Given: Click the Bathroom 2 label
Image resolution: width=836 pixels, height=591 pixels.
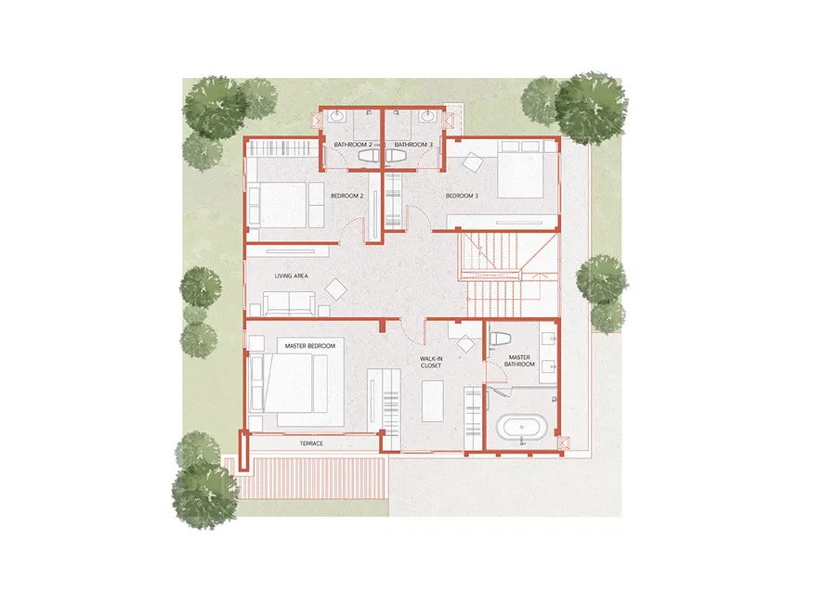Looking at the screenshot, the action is click(353, 145).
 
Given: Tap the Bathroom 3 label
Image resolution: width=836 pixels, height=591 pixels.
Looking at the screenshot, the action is click(413, 145).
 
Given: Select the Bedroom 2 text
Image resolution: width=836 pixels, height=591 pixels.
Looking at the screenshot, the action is click(347, 196).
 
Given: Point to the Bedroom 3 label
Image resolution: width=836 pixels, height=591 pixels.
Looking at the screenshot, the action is click(462, 196).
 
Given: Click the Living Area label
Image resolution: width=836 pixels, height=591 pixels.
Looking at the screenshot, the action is click(291, 276).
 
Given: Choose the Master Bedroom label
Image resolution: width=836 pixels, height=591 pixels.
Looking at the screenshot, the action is click(309, 346).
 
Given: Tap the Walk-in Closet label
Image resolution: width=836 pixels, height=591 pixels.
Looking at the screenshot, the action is click(431, 363).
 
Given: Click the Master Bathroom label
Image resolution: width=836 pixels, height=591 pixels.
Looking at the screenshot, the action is click(519, 361).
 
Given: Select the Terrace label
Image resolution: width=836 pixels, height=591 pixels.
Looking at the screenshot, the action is click(311, 443).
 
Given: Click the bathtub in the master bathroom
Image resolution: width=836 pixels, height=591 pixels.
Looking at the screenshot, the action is click(521, 427).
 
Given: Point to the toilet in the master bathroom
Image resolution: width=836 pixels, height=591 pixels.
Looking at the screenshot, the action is click(500, 338).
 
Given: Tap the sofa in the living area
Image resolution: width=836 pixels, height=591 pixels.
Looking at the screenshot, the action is click(289, 304).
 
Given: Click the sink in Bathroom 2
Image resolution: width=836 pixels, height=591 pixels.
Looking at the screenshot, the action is click(338, 116).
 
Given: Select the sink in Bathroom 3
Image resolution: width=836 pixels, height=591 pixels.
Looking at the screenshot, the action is click(427, 116).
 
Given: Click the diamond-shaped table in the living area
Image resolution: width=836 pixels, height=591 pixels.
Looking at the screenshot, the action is click(336, 289).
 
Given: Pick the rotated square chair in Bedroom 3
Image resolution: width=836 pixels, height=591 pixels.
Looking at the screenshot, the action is click(473, 162).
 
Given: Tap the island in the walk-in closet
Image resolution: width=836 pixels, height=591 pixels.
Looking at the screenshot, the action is click(432, 401).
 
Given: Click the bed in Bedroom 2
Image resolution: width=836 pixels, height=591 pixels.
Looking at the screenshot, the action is click(286, 205).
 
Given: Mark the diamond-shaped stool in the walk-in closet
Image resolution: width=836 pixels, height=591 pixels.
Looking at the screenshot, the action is click(465, 343).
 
